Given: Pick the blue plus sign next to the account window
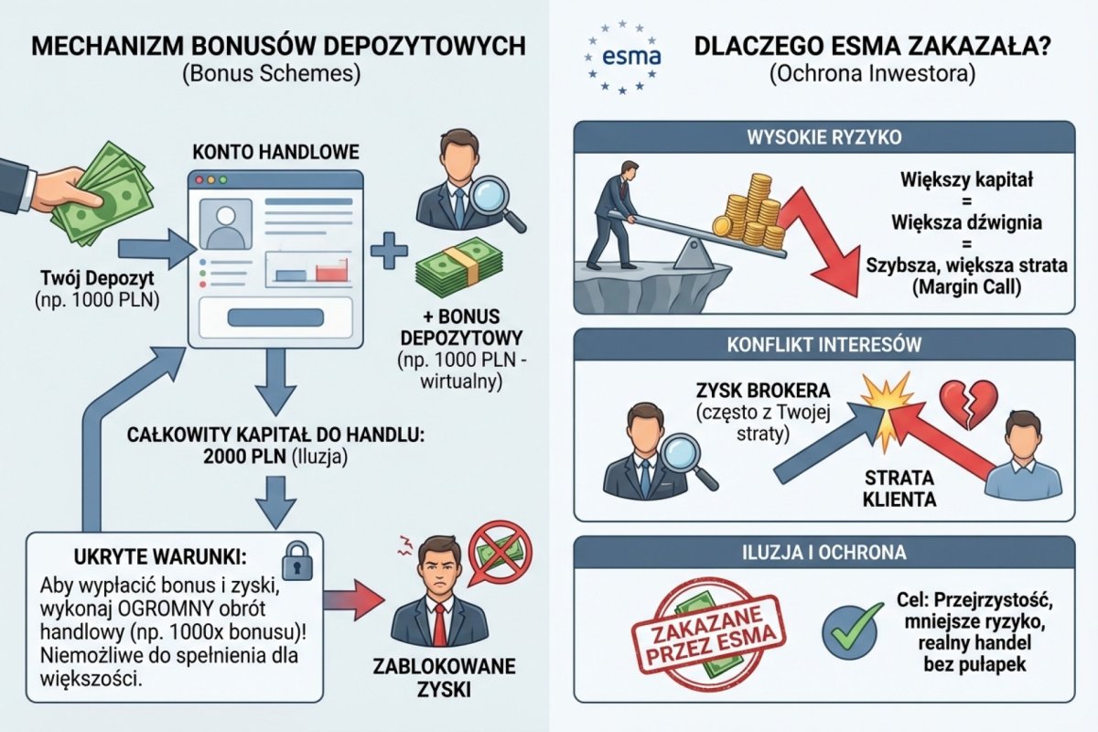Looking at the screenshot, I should tap(389, 249).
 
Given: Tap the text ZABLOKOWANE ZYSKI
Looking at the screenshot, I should tap(437, 677).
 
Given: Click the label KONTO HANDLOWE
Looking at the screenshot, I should tap(274, 151).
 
